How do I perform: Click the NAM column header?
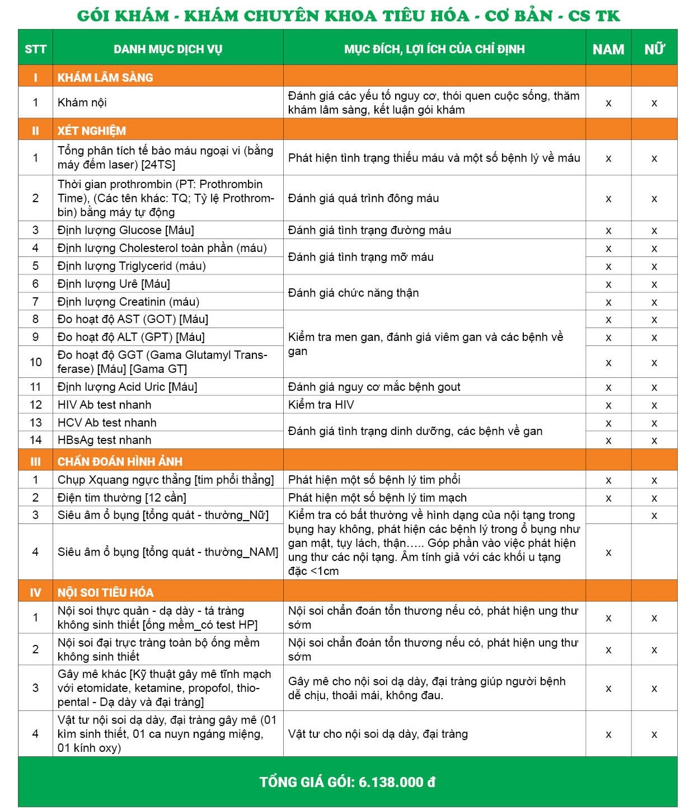point(608,49)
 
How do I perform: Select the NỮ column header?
point(654,49)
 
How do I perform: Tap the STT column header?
point(35,49)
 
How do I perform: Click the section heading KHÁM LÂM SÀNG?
point(105,77)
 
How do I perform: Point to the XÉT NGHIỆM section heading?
point(92,130)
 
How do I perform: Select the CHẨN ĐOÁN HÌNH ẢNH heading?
point(120,461)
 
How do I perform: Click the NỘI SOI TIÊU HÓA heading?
point(105,592)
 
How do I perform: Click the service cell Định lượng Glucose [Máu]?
point(126,230)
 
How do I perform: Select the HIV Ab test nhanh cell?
point(105,405)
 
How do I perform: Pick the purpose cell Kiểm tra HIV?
point(321,405)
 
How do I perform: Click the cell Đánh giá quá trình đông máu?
point(364,198)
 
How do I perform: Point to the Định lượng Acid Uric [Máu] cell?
point(128,387)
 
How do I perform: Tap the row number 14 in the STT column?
point(35,440)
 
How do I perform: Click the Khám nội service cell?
point(82,102)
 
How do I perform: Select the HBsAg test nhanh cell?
point(105,440)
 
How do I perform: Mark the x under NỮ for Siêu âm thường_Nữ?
point(654,516)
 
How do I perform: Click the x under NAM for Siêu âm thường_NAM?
point(608,553)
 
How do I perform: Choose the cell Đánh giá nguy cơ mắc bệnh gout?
point(374,387)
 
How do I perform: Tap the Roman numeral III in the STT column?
point(35,461)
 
